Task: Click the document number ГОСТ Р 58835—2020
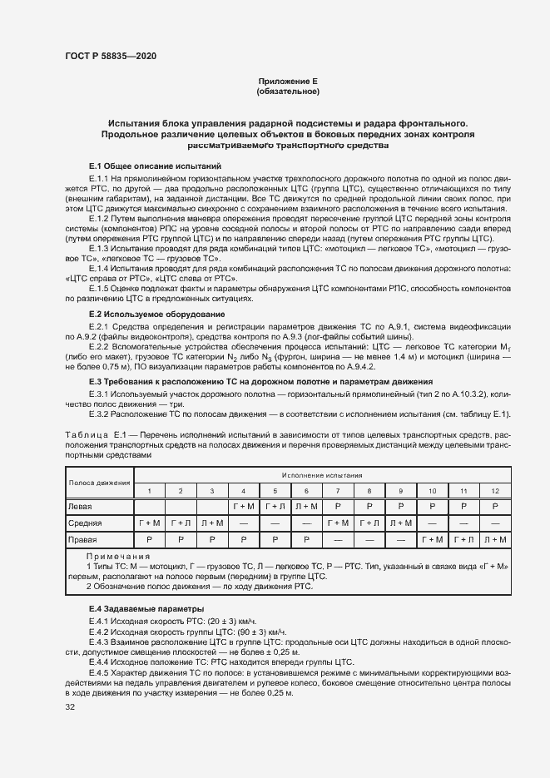coord(110,57)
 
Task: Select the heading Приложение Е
coord(288,81)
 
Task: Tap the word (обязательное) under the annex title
coord(288,91)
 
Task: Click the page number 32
coord(70,707)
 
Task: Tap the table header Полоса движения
coord(100,482)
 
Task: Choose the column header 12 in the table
coord(495,491)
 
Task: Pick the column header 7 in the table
coord(338,491)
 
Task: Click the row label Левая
coord(81,506)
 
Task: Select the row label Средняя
coord(85,523)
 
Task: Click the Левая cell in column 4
coord(243,506)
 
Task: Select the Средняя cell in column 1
coord(150,523)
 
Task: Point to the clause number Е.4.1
coord(98,622)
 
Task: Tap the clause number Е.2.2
coord(98,345)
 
